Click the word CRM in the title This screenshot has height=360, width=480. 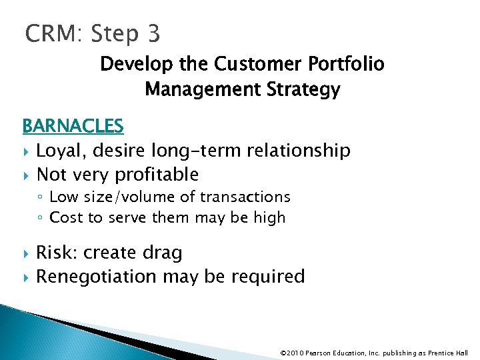pyautogui.click(x=50, y=33)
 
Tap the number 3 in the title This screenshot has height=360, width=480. pyautogui.click(x=151, y=33)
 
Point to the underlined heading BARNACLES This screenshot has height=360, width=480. pyautogui.click(x=73, y=126)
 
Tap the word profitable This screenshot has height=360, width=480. pyautogui.click(x=157, y=175)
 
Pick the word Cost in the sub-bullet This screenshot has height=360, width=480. pyautogui.click(x=65, y=217)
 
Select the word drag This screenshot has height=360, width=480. pyautogui.click(x=163, y=253)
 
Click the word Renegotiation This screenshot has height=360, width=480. pyautogui.click(x=96, y=276)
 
